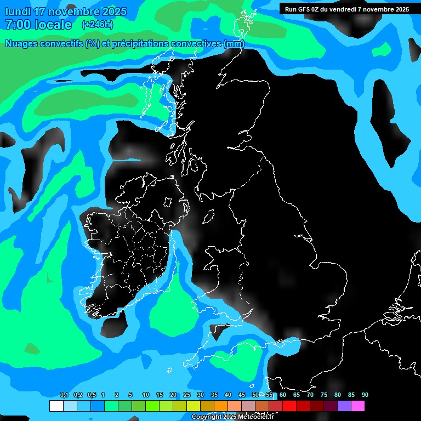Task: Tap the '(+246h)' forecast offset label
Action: pyautogui.click(x=97, y=24)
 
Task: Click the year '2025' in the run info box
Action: pyautogui.click(x=399, y=9)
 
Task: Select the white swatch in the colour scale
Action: pyautogui.click(x=56, y=406)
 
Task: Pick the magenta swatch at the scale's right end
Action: pyautogui.click(x=358, y=406)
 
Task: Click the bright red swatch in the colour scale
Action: pyautogui.click(x=289, y=406)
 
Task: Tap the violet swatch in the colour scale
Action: pyautogui.click(x=344, y=406)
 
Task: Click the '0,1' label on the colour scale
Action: pyautogui.click(x=64, y=395)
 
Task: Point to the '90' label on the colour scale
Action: pyautogui.click(x=365, y=395)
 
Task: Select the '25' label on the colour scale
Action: pyautogui.click(x=186, y=395)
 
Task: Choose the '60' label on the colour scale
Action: pyautogui.click(x=282, y=395)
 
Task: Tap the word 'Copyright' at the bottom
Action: pyautogui.click(x=207, y=417)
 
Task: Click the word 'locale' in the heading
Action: pyautogui.click(x=52, y=25)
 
